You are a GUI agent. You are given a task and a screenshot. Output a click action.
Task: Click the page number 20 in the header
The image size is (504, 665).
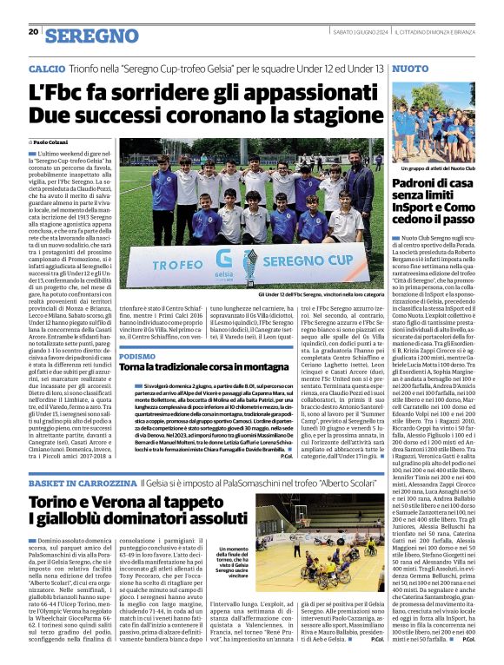pos(33,32)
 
